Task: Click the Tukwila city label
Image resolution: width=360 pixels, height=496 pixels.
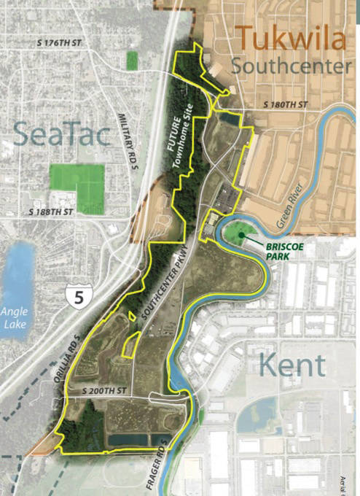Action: pyautogui.click(x=290, y=39)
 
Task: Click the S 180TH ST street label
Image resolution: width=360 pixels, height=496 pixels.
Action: pyautogui.click(x=285, y=105)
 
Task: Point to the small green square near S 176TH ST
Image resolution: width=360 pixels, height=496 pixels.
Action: pyautogui.click(x=132, y=61)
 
